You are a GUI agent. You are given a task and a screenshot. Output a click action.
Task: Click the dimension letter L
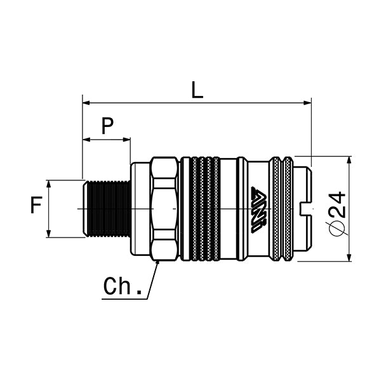pyautogui.click(x=197, y=90)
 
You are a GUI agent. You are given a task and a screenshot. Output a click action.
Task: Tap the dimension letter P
pyautogui.click(x=107, y=126)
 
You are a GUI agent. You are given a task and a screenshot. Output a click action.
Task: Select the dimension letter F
pyautogui.click(x=36, y=206)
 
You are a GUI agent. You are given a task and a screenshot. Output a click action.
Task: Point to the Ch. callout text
pyautogui.click(x=123, y=286)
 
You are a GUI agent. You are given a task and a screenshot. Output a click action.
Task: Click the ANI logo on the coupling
pyautogui.click(x=259, y=210)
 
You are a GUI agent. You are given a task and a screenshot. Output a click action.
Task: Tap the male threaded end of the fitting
pyautogui.click(x=107, y=208)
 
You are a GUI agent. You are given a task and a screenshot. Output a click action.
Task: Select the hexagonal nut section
pyautogui.click(x=165, y=208)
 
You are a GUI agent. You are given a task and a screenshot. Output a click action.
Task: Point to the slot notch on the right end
pyautogui.click(x=304, y=208)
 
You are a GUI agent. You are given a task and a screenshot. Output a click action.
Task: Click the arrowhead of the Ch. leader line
pyautogui.click(x=157, y=262)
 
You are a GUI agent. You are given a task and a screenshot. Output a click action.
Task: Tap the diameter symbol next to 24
pyautogui.click(x=338, y=227)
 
